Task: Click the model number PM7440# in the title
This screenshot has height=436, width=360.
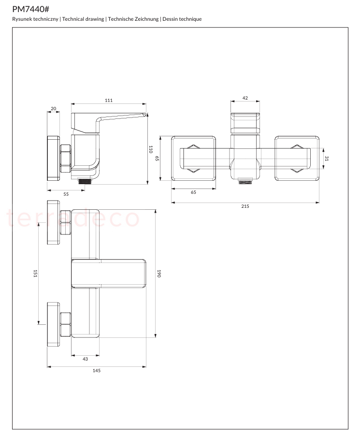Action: coord(30,9)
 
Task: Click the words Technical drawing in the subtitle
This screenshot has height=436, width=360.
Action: coord(83,19)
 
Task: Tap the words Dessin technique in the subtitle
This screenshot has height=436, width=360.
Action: coord(182,19)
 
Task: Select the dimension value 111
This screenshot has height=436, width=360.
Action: coord(109,101)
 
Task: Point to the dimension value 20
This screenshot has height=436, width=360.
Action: coord(53,109)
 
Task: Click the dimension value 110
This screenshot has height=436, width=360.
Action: coord(151,149)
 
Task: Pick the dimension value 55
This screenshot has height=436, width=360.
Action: coord(66,194)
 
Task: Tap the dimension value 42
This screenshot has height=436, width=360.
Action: coord(245,98)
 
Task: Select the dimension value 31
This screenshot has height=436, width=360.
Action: coord(327,158)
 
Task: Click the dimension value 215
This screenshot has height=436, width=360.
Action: coord(245,206)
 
